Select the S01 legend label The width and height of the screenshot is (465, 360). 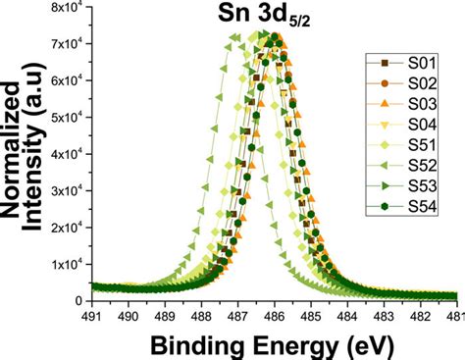click(x=422, y=63)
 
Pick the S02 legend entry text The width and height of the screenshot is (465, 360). click(x=422, y=83)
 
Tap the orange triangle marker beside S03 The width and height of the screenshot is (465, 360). click(x=385, y=104)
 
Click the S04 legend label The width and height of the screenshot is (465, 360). click(x=422, y=125)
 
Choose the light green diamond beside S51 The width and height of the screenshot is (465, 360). click(x=385, y=145)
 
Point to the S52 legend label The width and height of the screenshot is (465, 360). click(x=422, y=166)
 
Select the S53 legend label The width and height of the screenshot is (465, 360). click(x=422, y=185)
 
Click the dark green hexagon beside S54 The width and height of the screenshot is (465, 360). click(x=385, y=206)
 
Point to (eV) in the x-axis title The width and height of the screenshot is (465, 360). click(x=370, y=345)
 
